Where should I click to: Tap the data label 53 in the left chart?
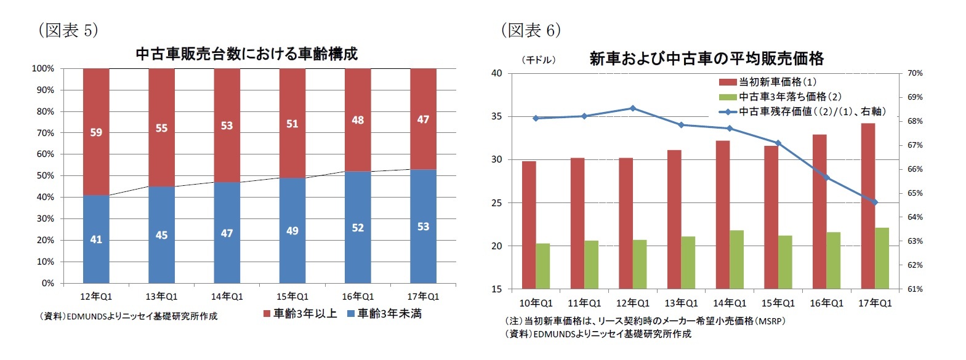[x=423, y=226]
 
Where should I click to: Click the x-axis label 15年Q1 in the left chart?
[x=292, y=297]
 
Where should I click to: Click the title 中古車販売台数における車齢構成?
[x=246, y=54]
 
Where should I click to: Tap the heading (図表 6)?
[x=530, y=30]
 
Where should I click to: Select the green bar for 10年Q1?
[x=542, y=266]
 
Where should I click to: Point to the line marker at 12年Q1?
[x=633, y=108]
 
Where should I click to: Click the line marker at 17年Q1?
[x=875, y=202]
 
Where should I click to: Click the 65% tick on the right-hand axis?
[x=915, y=193]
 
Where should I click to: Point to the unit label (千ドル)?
[x=539, y=60]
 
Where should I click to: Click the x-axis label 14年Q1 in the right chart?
[x=730, y=303]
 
